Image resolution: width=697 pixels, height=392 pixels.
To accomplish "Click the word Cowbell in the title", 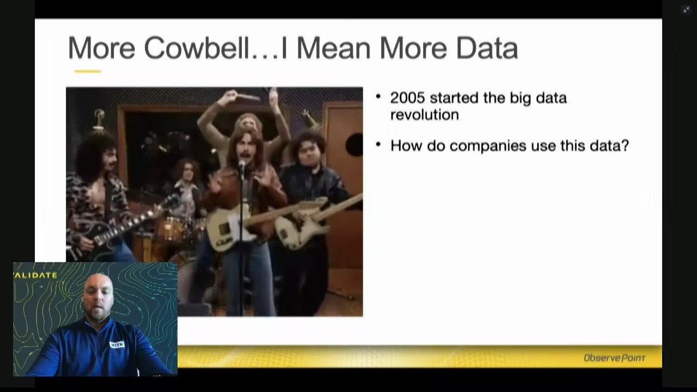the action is pos(197,48).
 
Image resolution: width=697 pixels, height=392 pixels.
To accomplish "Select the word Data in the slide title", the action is pos(487,48).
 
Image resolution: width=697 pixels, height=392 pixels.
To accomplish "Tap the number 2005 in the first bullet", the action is pos(408,97).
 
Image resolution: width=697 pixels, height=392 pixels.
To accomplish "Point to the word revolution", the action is pos(424,114).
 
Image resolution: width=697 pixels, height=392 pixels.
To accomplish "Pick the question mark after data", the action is pos(625,145).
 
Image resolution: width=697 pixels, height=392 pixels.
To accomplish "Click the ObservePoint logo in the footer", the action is pos(615,358).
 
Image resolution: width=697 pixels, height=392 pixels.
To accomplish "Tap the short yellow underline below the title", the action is pos(88,71).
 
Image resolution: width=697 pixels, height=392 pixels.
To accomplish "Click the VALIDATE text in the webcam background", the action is pos(35,275).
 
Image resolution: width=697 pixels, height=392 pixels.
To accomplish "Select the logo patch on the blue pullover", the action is pos(117,345).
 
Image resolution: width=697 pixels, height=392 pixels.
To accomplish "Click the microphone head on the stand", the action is pos(242,164).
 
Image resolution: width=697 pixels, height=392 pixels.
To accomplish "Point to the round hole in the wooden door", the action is pos(354,145).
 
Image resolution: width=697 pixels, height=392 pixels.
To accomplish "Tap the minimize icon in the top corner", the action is pos(686,10).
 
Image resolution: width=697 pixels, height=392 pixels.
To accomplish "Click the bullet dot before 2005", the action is pos(378,96).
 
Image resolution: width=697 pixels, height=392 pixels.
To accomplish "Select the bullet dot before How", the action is pos(378,144).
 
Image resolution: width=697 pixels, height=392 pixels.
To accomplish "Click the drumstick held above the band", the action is pos(247,97).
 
